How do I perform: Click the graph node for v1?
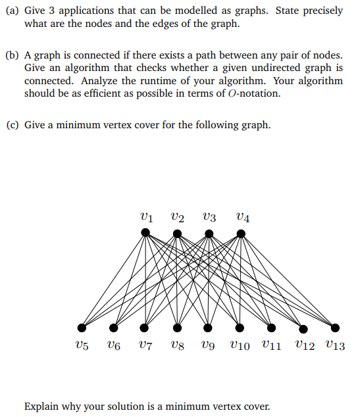pos(145,232)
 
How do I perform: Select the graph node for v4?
pos(241,232)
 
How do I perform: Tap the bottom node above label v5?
pos(82,328)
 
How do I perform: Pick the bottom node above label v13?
pos(335,328)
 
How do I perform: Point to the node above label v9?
pos(208,328)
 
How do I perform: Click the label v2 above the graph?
pos(177,215)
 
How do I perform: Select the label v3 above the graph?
pos(209,215)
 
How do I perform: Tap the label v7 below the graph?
pos(145,345)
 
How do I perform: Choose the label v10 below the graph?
pos(240,345)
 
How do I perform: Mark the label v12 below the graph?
pos(303,345)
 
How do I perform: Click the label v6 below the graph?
pos(114,345)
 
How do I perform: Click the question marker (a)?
pos(12,11)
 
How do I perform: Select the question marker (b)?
pos(12,55)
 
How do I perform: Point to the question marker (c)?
pos(12,124)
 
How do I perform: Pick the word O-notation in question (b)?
pos(253,93)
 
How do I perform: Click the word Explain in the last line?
pos(42,406)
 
